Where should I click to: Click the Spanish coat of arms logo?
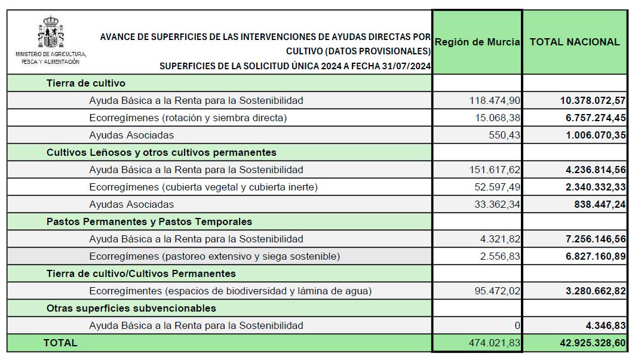coord(51,33)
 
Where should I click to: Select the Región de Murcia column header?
coord(477,42)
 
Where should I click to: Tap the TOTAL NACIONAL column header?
coord(575,42)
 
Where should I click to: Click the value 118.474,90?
coord(495,100)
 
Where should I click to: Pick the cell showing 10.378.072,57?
coord(593,100)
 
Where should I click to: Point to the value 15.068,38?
coord(497,118)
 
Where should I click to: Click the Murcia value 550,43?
coord(505,135)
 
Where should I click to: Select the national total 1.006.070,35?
coord(596,135)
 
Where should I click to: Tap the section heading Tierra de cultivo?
coord(86,83)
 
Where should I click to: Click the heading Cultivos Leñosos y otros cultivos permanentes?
coord(161,152)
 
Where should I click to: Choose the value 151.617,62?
coord(495,170)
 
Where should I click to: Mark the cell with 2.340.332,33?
coord(596,187)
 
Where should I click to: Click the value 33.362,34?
coord(497,204)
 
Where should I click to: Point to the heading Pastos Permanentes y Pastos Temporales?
coord(149,221)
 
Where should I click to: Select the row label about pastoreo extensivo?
coord(214,256)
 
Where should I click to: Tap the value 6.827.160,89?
coord(596,256)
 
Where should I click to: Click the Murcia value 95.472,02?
coord(497,291)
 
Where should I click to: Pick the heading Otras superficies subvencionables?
coord(131,308)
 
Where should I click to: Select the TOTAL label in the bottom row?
coord(60,343)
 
